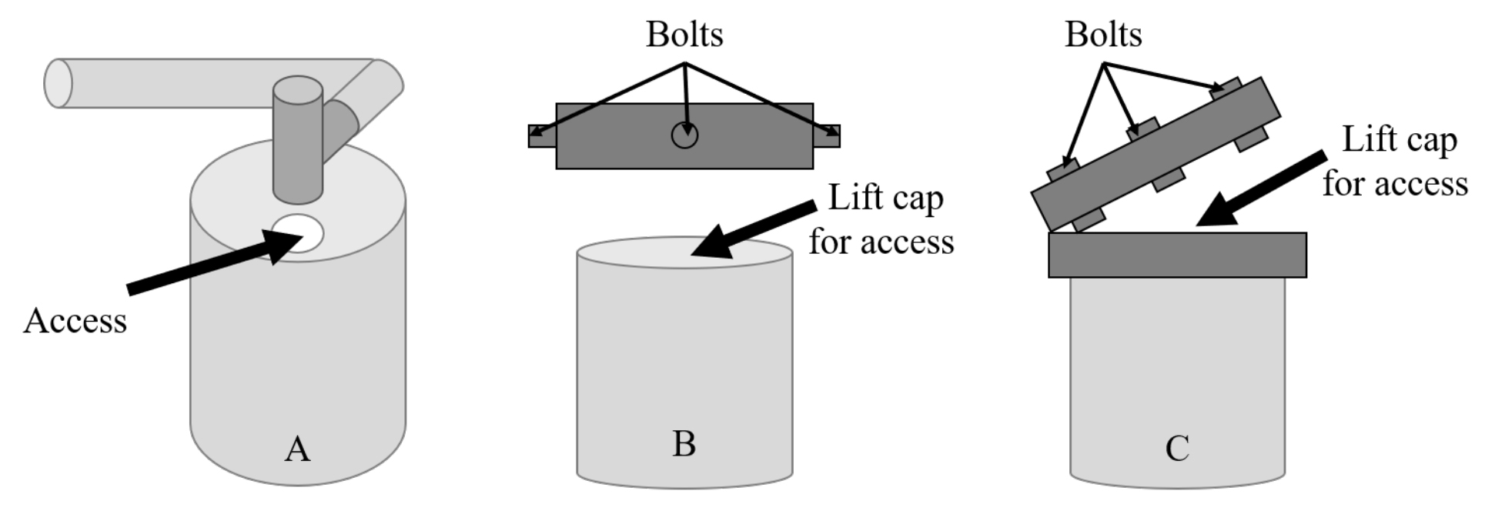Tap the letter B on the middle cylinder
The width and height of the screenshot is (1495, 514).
684,444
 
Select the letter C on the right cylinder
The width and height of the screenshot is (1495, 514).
1177,449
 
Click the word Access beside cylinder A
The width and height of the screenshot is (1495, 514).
75,321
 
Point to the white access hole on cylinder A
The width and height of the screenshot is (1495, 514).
298,232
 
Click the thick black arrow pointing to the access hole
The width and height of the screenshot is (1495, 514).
208,266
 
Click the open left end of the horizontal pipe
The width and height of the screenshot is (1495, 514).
59,83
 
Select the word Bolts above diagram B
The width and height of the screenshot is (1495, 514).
684,35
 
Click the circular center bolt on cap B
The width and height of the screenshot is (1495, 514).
684,136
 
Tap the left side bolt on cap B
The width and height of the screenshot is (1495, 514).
541,136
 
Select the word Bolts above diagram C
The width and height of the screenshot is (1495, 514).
1102,35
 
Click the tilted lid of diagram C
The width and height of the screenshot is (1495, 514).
1155,154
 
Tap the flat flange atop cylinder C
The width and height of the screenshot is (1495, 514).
1177,255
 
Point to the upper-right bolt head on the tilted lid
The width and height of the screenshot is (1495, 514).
1224,86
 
